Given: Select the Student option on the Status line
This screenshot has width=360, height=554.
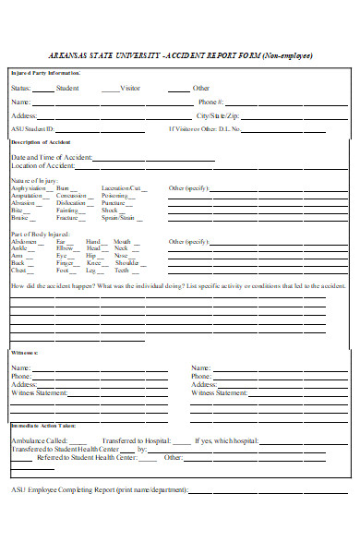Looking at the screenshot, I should pyautogui.click(x=67, y=88).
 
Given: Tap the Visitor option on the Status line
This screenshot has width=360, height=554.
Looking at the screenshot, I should pyautogui.click(x=130, y=88).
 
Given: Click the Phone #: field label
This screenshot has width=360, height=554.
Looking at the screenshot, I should pyautogui.click(x=210, y=102).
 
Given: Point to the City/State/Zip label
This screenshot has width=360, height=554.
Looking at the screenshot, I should pyautogui.click(x=218, y=115).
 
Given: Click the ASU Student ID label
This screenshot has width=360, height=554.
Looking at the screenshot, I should pyautogui.click(x=33, y=129).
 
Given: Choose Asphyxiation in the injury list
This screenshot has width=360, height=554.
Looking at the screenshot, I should pyautogui.click(x=29, y=188).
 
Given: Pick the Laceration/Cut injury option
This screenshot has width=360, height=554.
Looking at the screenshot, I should pyautogui.click(x=121, y=188).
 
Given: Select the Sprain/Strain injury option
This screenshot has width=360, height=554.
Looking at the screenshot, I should pyautogui.click(x=119, y=218).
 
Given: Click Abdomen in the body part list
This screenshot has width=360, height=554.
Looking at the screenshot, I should pyautogui.click(x=25, y=241).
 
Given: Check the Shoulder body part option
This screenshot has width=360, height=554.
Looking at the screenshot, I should pyautogui.click(x=126, y=263).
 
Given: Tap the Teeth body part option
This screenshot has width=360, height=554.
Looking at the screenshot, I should pyautogui.click(x=121, y=271).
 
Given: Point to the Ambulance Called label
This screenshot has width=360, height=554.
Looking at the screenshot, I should pyautogui.click(x=39, y=441).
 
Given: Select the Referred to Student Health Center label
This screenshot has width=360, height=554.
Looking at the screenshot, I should pyautogui.click(x=87, y=457).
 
